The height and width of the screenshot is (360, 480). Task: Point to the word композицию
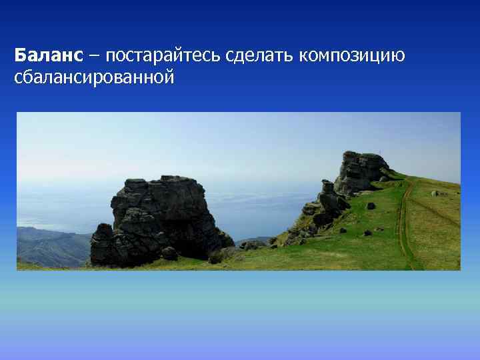[x=351, y=55]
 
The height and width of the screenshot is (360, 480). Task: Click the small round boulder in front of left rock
[x=169, y=253]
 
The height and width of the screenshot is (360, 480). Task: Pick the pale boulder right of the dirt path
[x=434, y=193]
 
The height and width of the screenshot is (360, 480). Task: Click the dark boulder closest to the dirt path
[x=371, y=206]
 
